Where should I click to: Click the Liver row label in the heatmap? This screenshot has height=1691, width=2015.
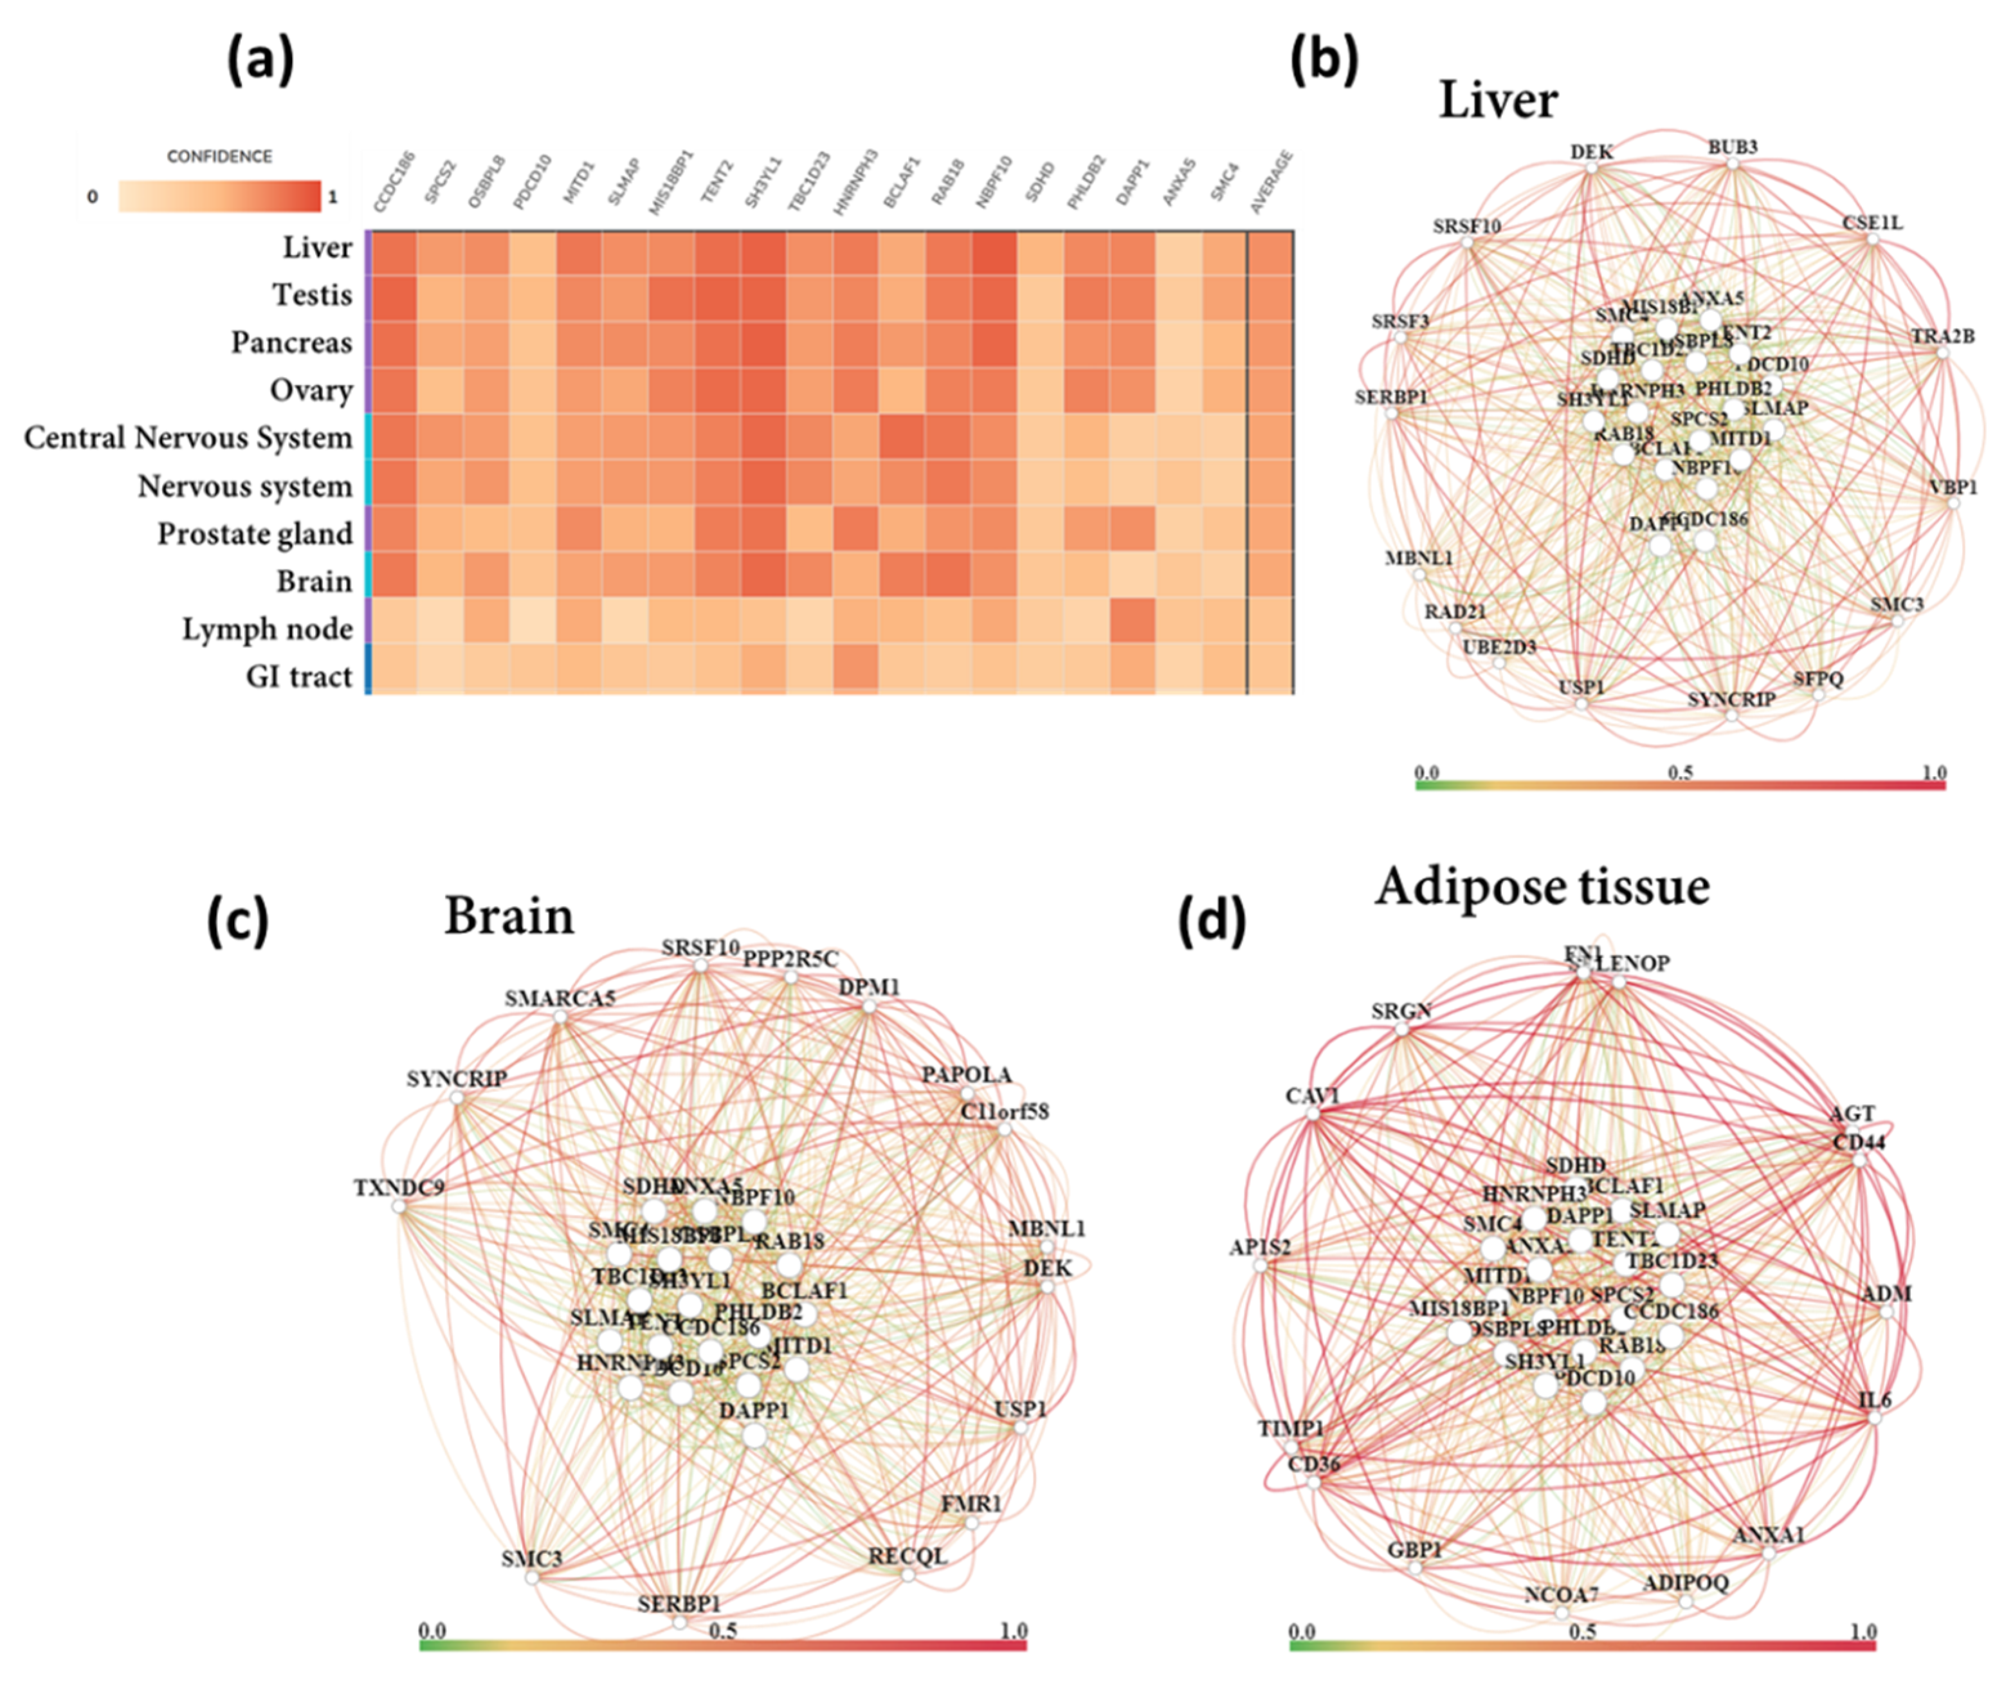pos(316,248)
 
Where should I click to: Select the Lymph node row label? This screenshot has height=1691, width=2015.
pos(268,629)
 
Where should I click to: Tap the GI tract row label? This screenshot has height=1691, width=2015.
pos(298,676)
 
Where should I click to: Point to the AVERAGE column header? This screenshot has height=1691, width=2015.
pos(1272,182)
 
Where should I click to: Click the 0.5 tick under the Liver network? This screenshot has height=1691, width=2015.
pos(1680,773)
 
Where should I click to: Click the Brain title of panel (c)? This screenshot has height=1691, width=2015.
pos(509,916)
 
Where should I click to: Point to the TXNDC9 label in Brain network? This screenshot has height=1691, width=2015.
pos(399,1188)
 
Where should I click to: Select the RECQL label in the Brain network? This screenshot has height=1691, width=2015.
pos(907,1556)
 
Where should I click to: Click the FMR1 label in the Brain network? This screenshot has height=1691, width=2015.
pos(971,1503)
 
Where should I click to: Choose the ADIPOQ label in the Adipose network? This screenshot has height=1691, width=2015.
pos(1685,1582)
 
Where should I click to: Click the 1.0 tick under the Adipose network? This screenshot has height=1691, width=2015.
pos(1863,1632)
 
